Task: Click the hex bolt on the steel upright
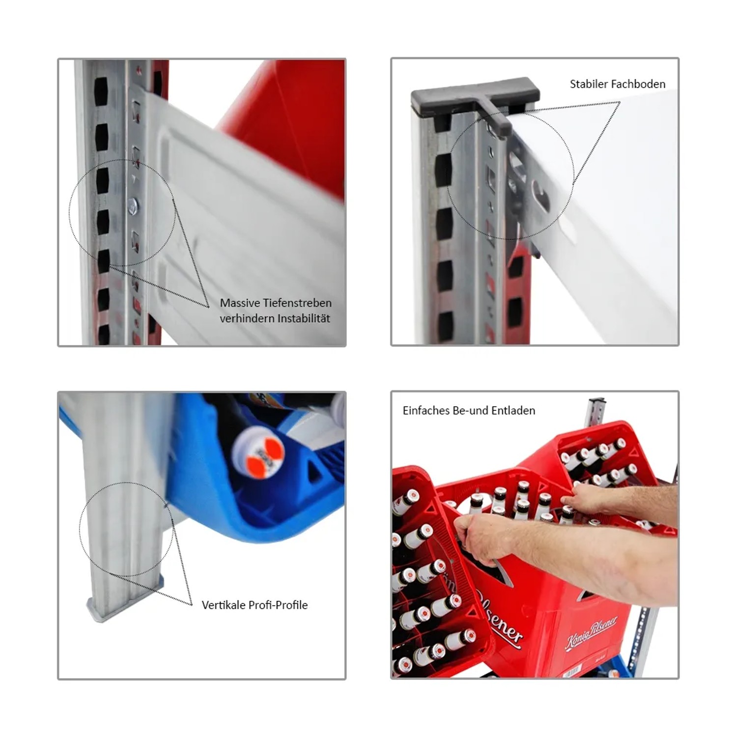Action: pos(133,206)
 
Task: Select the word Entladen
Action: pos(515,411)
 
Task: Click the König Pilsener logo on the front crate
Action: pos(591,631)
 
